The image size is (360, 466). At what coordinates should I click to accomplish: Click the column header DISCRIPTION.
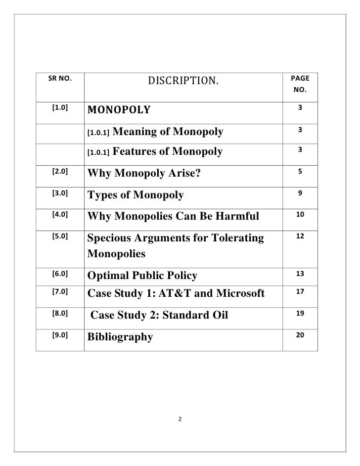[182, 80]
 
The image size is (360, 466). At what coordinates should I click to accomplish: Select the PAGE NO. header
[300, 85]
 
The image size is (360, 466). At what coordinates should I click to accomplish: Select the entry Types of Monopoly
[135, 195]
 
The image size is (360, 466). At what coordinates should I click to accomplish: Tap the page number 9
[300, 193]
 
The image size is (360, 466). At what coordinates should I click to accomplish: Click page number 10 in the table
[300, 215]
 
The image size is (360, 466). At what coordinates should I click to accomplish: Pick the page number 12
[300, 237]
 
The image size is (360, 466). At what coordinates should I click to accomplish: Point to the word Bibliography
[120, 337]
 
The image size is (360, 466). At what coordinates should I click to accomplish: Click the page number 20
[300, 335]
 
